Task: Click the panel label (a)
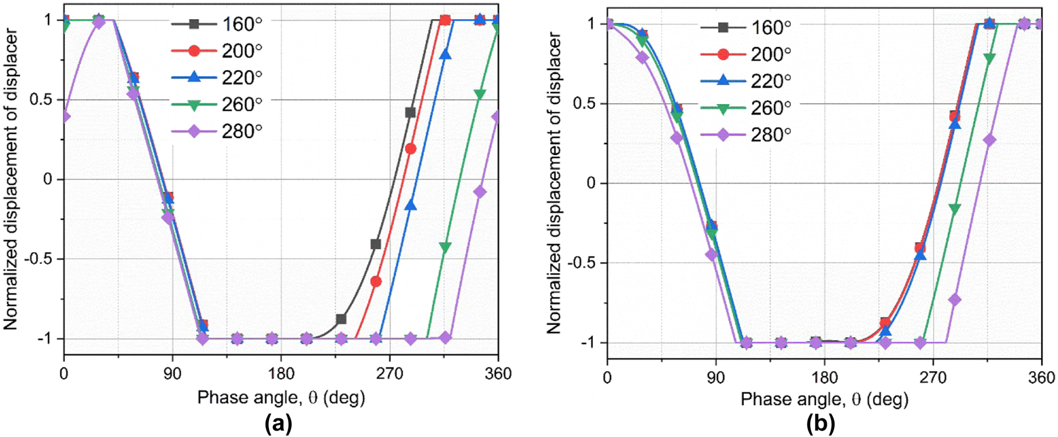tap(278, 424)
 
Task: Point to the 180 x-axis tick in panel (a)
tap(281, 374)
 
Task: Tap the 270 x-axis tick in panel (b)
tap(933, 378)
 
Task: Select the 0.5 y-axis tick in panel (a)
tap(40, 99)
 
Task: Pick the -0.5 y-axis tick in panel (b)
tap(583, 263)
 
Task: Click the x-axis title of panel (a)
tap(281, 398)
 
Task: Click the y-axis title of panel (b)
tap(554, 183)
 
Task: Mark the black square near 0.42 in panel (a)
tap(410, 112)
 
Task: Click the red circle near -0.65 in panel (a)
tap(376, 281)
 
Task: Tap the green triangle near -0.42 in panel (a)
tap(445, 248)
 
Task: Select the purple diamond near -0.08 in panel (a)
tap(480, 192)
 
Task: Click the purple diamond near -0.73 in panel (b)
tap(954, 300)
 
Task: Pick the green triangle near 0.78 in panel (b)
tap(989, 58)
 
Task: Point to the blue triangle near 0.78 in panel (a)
tap(445, 55)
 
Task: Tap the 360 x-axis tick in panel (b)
tap(1041, 378)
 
